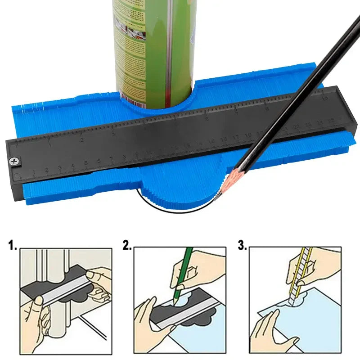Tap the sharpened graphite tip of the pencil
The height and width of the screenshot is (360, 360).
(x=216, y=197)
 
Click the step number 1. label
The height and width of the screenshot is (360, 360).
(x=13, y=246)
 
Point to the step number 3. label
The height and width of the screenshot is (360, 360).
(x=243, y=246)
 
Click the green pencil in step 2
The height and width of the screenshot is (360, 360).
(x=184, y=270)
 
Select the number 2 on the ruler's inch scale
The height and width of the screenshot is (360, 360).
(x=82, y=140)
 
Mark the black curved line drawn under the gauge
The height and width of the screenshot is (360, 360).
(x=171, y=210)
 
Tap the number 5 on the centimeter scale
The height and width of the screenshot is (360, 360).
(x=85, y=163)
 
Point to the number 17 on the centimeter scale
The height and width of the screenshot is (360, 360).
(x=236, y=137)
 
